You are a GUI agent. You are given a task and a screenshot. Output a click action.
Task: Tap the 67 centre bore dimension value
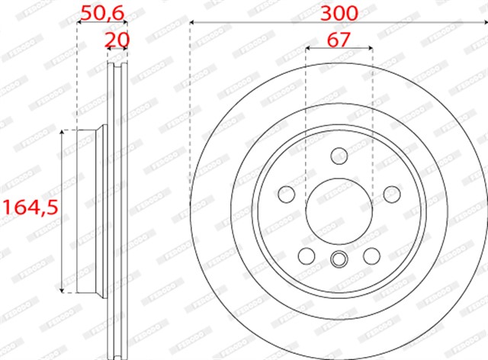pos(339,40)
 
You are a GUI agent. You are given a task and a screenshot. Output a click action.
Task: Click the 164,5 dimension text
pos(29,207)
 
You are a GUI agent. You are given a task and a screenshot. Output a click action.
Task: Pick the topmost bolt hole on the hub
pos(339,156)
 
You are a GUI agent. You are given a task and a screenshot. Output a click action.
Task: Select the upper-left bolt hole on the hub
pos(287,193)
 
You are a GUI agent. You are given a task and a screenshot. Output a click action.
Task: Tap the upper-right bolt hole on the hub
pos(390,193)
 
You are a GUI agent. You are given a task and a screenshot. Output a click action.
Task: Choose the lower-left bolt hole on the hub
pos(307,255)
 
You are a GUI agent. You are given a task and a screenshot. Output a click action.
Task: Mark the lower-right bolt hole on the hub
pos(371,255)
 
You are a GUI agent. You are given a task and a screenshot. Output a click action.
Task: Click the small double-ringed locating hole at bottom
pos(339,259)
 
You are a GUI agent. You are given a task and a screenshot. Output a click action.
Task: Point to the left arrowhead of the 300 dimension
pos(193,23)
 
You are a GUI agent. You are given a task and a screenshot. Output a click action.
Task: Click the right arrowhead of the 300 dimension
pos(483,23)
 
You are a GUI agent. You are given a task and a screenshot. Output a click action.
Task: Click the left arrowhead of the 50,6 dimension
pos(80,23)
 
